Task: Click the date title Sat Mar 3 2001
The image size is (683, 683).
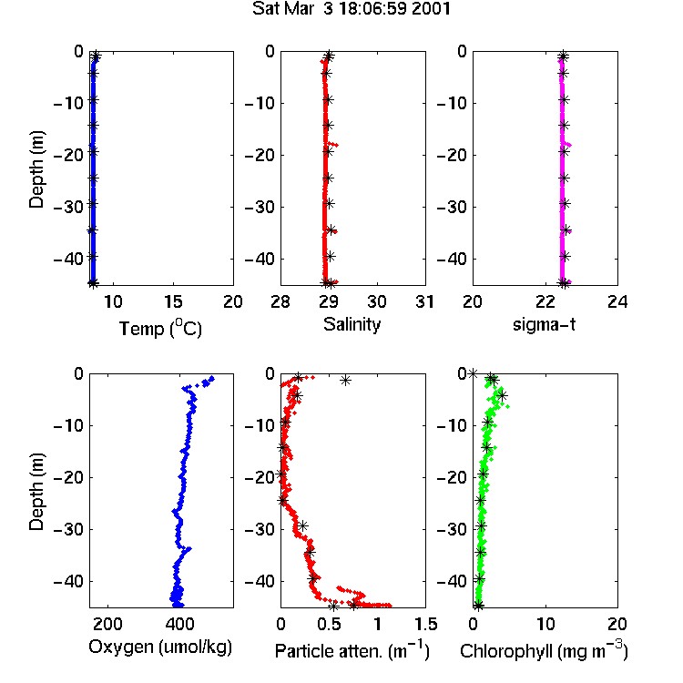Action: pos(352,9)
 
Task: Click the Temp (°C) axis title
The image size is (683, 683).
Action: pos(160,329)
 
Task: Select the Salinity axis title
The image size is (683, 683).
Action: pos(352,325)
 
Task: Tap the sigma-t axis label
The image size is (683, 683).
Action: pos(544,324)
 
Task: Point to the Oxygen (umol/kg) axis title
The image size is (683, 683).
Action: pos(160,647)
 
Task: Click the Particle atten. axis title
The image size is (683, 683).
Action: pos(352,650)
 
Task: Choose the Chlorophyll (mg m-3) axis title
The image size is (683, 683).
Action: pos(544,650)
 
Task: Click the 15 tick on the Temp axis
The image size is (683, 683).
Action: pos(173,301)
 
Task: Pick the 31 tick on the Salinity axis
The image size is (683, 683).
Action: pos(424,301)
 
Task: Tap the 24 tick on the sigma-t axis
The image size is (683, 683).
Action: pos(617,301)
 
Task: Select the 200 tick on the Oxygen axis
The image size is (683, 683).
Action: pos(107,624)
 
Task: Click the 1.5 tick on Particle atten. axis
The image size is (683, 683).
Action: pos(425,624)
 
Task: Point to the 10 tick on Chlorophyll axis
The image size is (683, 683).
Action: pos(545,624)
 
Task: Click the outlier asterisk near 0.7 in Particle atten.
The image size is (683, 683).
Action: pos(345,381)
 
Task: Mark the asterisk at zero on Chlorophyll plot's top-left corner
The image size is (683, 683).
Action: pos(473,373)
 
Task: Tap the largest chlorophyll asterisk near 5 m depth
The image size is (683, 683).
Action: pos(502,395)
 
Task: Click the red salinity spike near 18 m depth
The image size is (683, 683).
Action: pos(333,144)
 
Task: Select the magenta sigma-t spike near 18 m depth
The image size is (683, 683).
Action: pos(567,144)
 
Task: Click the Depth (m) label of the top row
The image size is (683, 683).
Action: pos(36,169)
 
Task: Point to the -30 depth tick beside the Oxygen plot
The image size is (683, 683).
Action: pos(68,529)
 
